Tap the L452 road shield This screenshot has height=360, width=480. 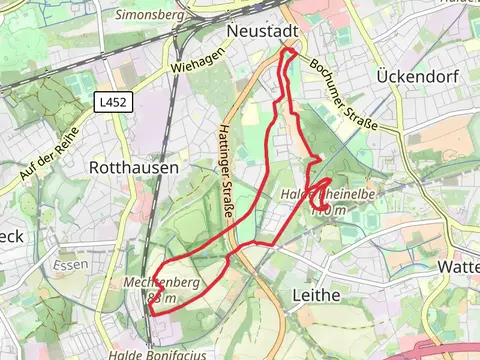[x=112, y=102]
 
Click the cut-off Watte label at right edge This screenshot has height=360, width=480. [x=458, y=268]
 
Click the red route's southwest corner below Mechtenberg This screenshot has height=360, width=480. [x=151, y=313]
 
